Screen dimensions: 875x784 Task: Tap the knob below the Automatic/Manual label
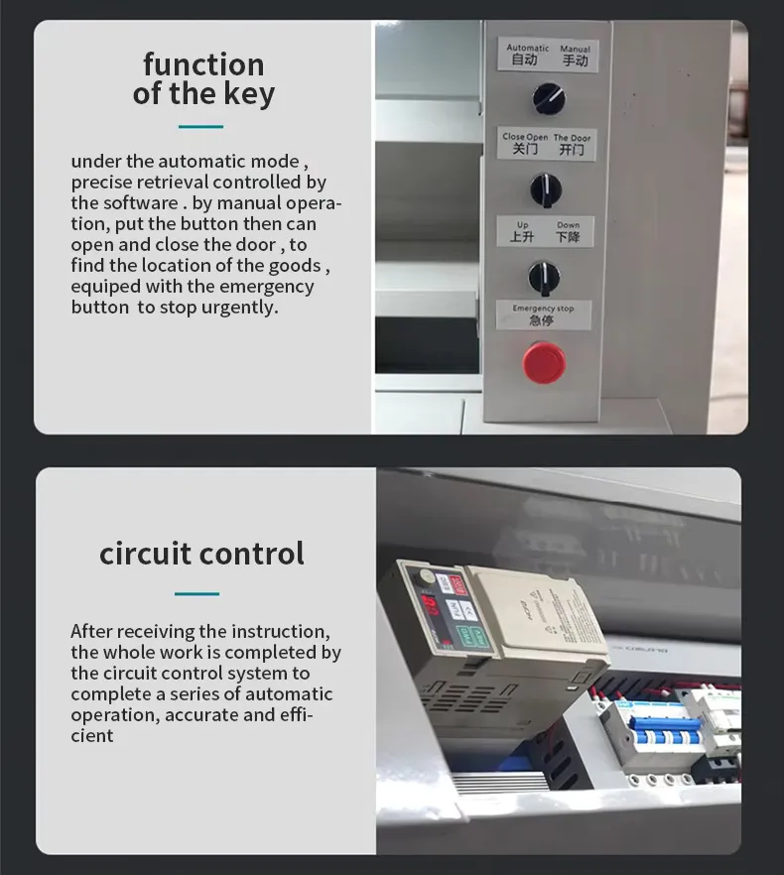tap(547, 97)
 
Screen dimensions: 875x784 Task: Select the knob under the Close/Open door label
tap(544, 187)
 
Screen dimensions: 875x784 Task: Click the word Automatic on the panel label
tap(527, 48)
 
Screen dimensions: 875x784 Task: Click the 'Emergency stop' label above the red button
tap(543, 309)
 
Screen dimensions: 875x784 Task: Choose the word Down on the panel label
tap(568, 225)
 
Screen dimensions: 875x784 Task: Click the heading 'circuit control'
tap(201, 553)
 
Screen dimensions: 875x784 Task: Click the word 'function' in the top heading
tap(203, 64)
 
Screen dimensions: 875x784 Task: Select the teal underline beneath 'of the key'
tap(200, 127)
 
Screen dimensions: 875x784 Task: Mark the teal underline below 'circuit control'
tap(196, 594)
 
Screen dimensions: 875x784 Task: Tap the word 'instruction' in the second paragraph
tap(280, 631)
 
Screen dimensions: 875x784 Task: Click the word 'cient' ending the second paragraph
tap(92, 736)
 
